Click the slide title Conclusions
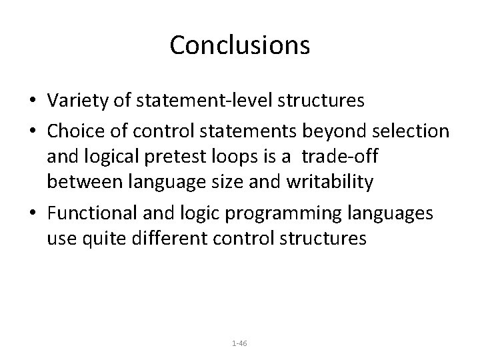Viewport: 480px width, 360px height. [239, 45]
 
